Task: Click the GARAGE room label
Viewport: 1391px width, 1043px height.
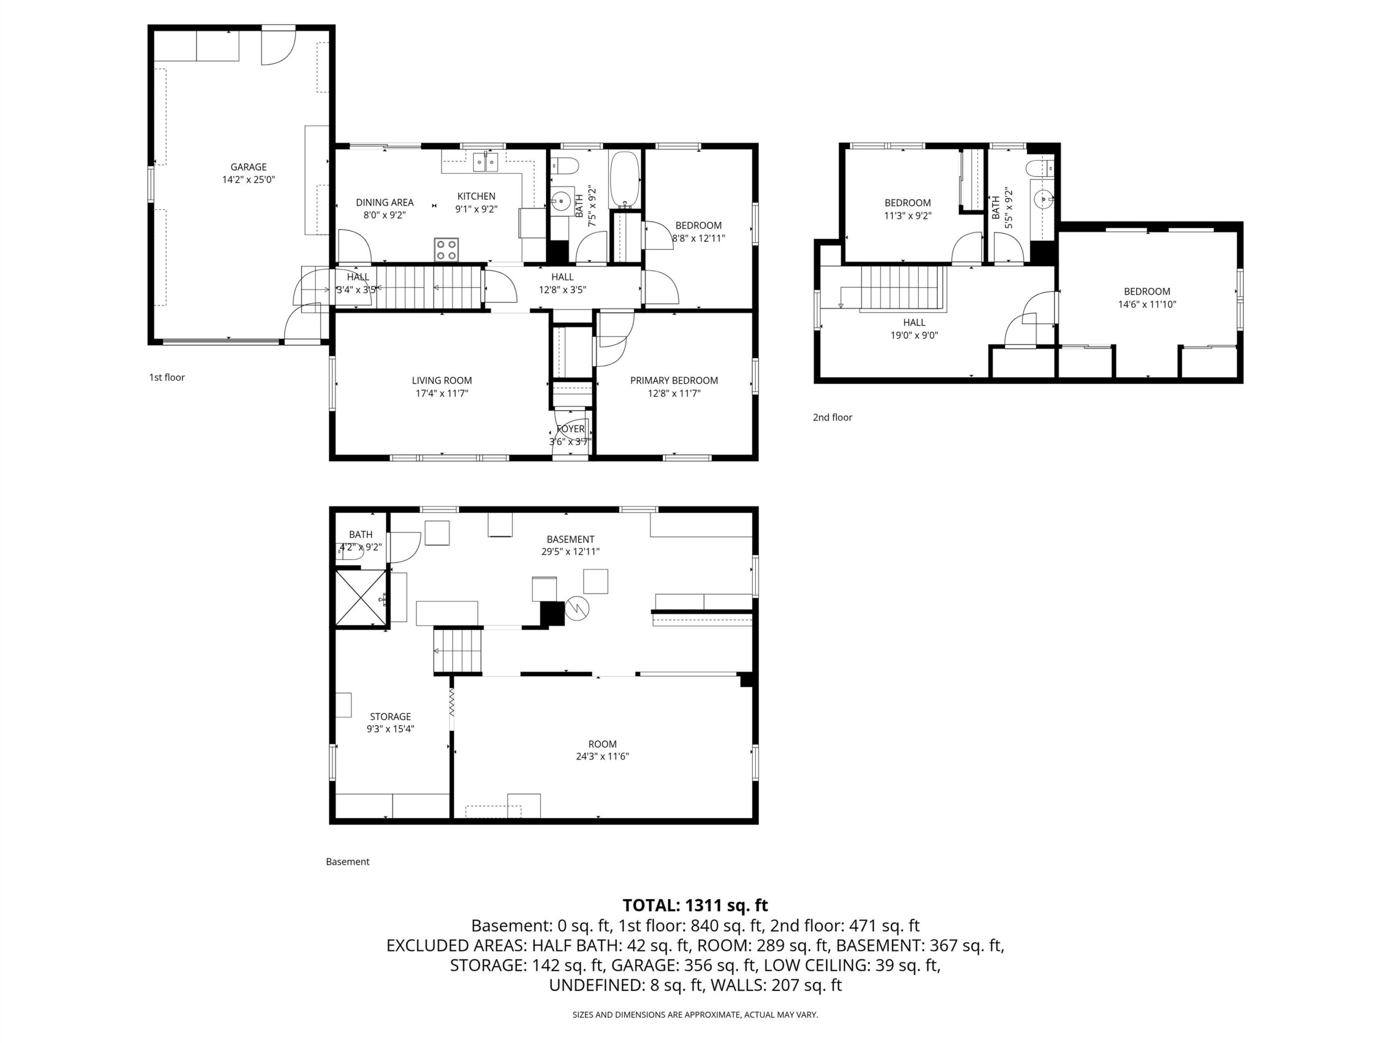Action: (248, 167)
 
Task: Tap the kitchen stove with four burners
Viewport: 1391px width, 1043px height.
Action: (447, 249)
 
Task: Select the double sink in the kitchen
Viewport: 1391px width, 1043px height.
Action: (485, 162)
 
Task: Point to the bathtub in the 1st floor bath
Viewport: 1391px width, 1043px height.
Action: (624, 179)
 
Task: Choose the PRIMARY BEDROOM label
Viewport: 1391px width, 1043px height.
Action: (674, 380)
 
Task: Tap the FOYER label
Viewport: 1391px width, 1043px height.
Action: (571, 429)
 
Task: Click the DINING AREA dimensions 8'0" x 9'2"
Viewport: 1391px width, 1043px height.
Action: (384, 215)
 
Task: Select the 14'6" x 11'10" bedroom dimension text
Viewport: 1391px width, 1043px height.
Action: (1147, 304)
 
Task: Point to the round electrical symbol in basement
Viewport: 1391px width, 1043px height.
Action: (577, 608)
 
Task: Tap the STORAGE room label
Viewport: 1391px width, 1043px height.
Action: (391, 717)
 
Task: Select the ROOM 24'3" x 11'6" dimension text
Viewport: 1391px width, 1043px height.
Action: (603, 756)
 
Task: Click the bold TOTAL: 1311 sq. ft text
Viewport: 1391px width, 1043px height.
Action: (695, 906)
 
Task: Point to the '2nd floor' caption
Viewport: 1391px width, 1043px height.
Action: (832, 417)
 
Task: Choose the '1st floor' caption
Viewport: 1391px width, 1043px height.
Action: (167, 377)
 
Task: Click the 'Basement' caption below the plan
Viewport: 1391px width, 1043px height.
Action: (347, 862)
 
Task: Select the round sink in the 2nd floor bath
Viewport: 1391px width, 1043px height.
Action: (1044, 199)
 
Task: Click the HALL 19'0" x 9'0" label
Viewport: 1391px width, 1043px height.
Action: (914, 329)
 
